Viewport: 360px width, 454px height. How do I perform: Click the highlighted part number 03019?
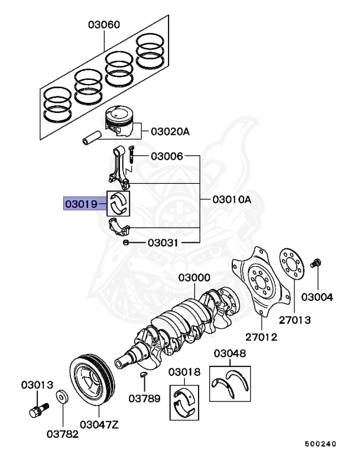click(x=82, y=204)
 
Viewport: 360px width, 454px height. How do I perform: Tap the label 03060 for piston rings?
click(x=104, y=25)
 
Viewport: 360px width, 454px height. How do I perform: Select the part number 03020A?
click(x=170, y=131)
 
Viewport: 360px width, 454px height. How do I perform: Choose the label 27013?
click(x=294, y=320)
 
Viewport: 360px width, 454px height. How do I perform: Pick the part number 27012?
click(x=261, y=337)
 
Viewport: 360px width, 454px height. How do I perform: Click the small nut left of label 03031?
click(x=126, y=242)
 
